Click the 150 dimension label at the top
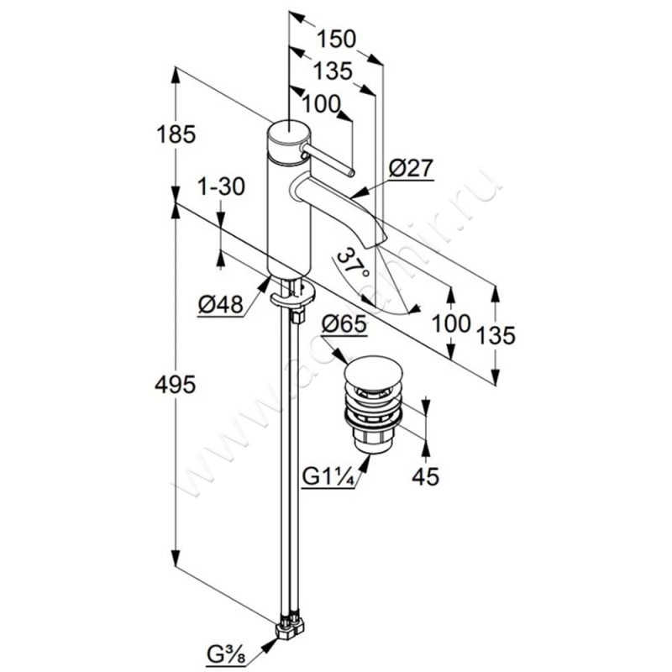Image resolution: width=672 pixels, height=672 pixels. pyautogui.click(x=336, y=39)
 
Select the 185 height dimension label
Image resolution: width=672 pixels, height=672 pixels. pyautogui.click(x=176, y=134)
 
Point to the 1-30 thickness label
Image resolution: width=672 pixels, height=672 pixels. pyautogui.click(x=221, y=186)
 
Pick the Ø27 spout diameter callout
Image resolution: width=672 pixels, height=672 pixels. pyautogui.click(x=411, y=168)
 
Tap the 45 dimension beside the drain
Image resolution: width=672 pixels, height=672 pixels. pyautogui.click(x=426, y=475)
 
